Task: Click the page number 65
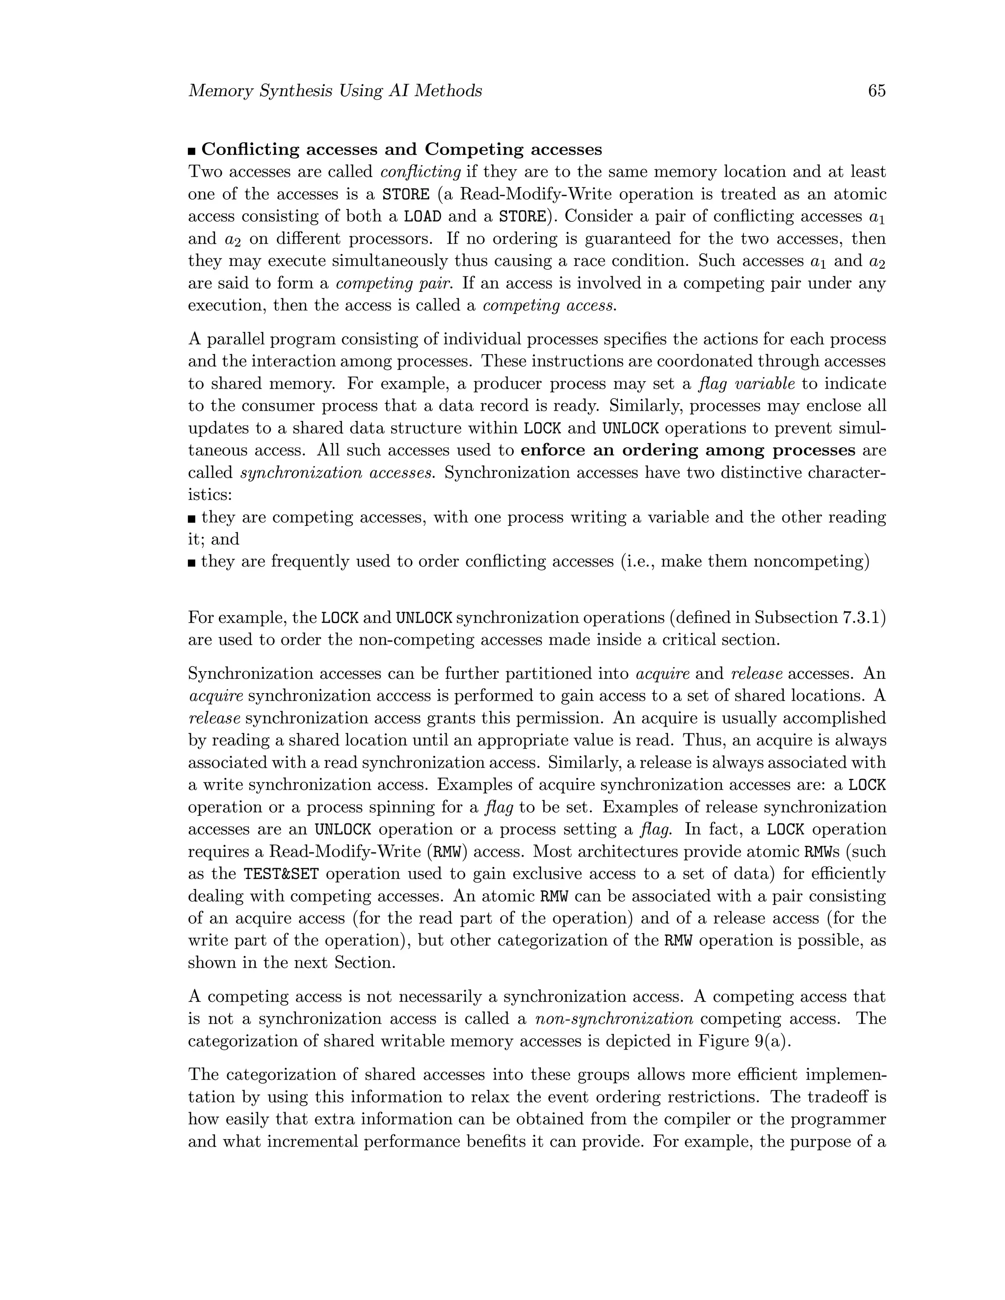point(876,91)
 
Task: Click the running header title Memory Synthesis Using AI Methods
point(335,91)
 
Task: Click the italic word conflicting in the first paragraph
point(421,172)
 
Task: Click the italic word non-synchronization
point(614,1018)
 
